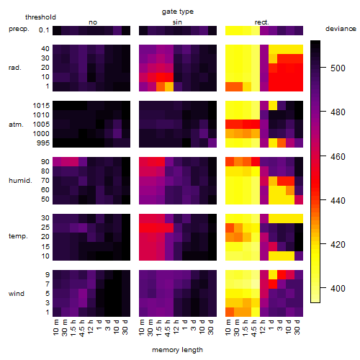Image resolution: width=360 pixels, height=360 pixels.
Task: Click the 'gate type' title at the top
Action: (178, 12)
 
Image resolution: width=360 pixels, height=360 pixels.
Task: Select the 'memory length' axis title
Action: (177, 350)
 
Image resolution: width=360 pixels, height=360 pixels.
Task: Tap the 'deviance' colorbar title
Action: (341, 29)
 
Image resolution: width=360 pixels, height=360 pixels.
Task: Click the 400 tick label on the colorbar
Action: (338, 288)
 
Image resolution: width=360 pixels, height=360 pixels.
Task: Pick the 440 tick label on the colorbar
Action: (338, 200)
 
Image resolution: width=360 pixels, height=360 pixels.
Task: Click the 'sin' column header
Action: (177, 22)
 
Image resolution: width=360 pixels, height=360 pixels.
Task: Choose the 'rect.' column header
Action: (262, 22)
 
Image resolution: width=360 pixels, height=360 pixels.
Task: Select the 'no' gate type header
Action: (93, 22)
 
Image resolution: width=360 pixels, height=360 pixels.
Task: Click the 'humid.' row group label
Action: (20, 181)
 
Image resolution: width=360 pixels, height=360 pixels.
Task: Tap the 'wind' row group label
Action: (17, 294)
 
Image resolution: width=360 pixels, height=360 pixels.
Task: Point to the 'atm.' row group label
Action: (16, 125)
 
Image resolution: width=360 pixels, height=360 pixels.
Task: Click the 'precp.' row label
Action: (19, 29)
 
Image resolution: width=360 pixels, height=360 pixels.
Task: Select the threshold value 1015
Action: (41, 106)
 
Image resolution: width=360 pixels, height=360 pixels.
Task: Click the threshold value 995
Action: (43, 143)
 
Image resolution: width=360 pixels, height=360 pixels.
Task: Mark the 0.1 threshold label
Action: (44, 30)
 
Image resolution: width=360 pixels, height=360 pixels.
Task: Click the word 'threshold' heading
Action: (40, 17)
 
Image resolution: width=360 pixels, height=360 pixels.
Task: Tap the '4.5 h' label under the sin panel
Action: (168, 328)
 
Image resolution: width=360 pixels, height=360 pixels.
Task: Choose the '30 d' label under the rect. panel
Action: (297, 327)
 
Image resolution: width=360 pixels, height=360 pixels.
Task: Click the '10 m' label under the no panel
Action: (55, 328)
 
